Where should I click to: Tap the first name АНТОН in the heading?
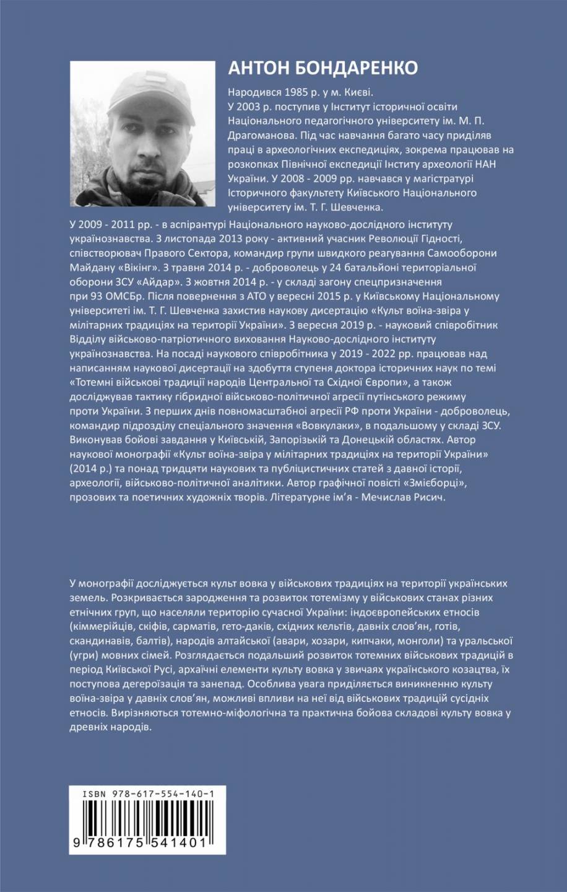pos(253,68)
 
